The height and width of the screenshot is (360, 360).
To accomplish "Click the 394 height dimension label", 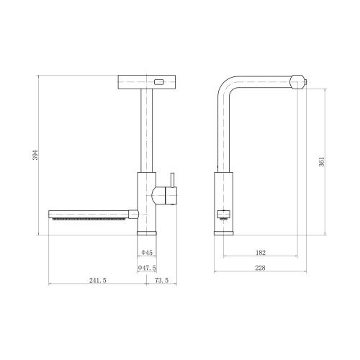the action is point(35,155).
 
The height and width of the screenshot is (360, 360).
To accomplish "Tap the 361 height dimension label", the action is point(322,162).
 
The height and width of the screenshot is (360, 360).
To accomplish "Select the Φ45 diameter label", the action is point(147,253).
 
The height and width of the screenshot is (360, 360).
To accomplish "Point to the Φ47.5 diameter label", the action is point(147,268).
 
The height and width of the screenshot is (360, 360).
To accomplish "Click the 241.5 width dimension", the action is point(98,280).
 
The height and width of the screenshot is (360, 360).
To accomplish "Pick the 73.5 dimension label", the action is point(161,280).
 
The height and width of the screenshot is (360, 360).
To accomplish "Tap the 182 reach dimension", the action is point(261,253).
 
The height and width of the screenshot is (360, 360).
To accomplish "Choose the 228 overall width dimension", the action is point(260,268).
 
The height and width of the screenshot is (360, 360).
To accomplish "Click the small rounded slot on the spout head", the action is point(159,82).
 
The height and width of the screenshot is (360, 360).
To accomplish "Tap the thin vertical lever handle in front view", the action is point(172,180).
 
